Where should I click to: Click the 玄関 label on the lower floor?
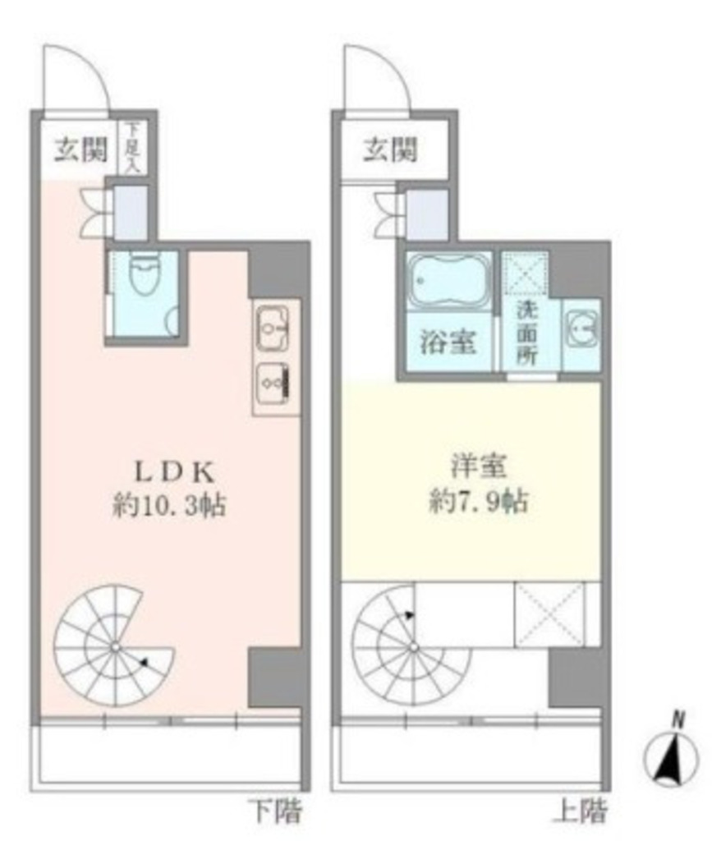click(81, 149)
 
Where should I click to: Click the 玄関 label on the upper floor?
click(390, 149)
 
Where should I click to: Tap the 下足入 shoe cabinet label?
click(131, 147)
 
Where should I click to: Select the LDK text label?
click(174, 472)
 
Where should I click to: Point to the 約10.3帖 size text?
click(169, 505)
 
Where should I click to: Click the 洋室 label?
click(478, 466)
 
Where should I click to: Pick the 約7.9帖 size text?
click(478, 502)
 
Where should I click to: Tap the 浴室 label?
click(448, 342)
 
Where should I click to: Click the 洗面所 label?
click(526, 333)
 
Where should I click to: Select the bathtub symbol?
click(449, 281)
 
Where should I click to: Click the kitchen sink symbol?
click(273, 329)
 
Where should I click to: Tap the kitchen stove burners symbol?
click(273, 384)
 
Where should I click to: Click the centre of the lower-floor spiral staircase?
click(115, 648)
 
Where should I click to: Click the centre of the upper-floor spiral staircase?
click(413, 648)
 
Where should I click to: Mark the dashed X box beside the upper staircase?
click(549, 614)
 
